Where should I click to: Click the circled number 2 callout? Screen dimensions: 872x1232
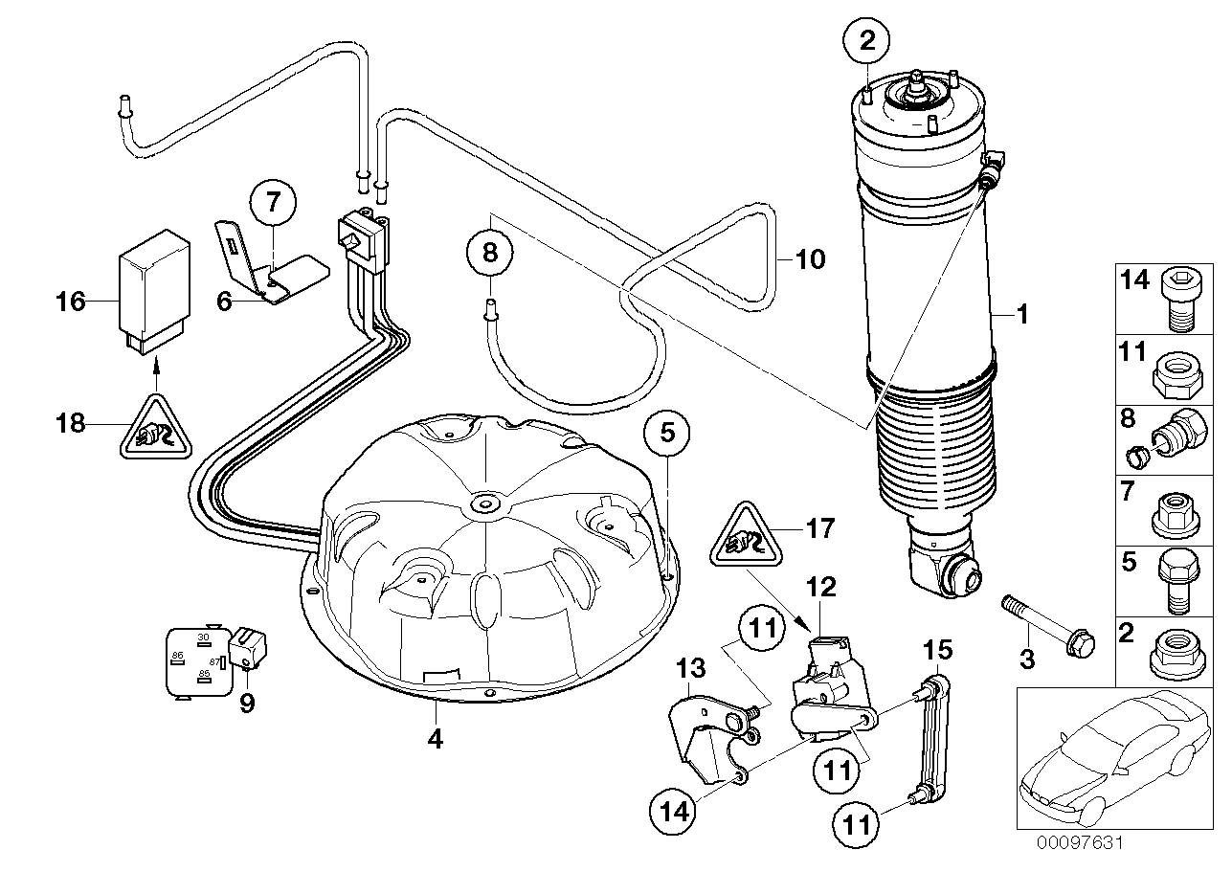[x=866, y=41]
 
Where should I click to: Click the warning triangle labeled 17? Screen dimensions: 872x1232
[x=744, y=540]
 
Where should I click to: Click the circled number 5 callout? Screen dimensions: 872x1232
[x=666, y=434]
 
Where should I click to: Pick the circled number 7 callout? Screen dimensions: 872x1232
[x=273, y=202]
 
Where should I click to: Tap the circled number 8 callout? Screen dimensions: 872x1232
[x=490, y=255]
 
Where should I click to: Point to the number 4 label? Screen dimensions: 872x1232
[x=435, y=739]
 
